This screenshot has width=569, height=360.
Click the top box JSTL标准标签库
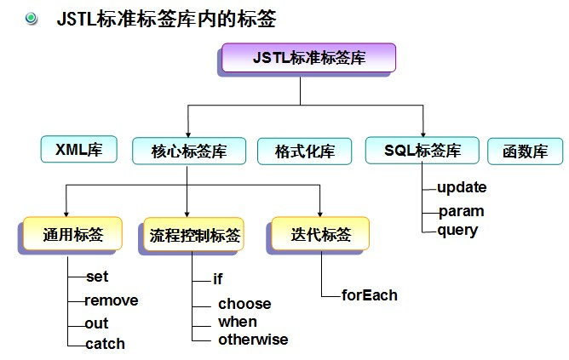309,58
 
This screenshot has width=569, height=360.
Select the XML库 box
79,151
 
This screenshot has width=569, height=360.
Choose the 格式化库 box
304,152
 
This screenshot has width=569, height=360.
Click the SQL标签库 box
422,151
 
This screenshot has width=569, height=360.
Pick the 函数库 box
525,152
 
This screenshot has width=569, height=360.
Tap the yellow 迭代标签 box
321,235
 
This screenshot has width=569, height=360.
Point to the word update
462,187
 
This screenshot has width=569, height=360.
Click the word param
460,210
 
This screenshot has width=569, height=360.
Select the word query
457,230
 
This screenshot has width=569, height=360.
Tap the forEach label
370,295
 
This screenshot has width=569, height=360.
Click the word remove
111,300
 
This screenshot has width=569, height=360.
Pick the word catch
105,344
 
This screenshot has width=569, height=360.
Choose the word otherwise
253,340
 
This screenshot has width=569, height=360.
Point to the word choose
244,304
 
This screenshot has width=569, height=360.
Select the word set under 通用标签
97,277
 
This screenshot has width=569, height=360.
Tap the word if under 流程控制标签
218,278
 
